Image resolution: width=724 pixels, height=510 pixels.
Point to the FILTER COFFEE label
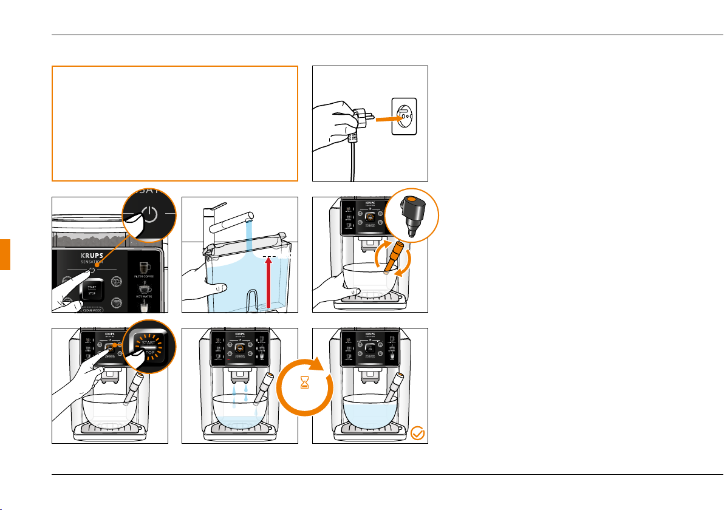(145, 276)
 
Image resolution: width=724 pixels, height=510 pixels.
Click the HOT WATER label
(145, 296)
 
